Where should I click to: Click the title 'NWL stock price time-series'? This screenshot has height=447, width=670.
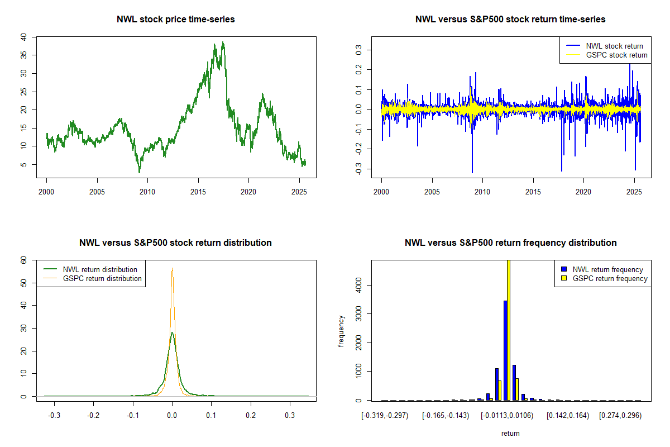[x=176, y=20]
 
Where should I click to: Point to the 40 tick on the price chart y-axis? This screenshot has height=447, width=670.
[x=23, y=37]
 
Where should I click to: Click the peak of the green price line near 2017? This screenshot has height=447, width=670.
[x=223, y=42]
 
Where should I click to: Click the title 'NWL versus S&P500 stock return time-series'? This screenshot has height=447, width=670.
[x=510, y=20]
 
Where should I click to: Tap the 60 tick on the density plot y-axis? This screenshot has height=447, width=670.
[x=23, y=260]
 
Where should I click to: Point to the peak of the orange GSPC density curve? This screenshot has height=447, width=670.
[x=172, y=268]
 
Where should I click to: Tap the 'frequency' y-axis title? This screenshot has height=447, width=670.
[x=342, y=331]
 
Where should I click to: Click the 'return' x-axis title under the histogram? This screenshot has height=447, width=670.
[x=510, y=433]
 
